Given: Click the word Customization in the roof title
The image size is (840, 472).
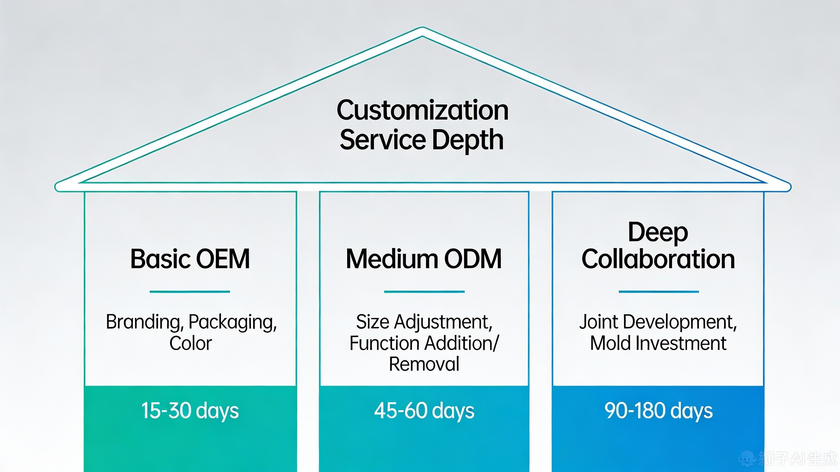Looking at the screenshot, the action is coord(423,110).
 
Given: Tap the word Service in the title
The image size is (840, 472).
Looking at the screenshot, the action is coord(383,139).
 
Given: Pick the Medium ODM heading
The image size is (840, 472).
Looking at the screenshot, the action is coord(424,259).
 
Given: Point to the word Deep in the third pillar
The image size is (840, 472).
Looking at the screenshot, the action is coord(658,233).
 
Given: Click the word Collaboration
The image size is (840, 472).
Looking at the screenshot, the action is coord(658,259).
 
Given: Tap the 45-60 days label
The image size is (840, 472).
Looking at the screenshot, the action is coord(424,411).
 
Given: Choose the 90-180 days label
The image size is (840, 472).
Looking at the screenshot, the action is coord(658,411).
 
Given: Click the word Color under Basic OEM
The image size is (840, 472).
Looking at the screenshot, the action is coord(191,343).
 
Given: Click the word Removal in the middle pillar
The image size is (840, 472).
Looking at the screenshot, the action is coord(424,364).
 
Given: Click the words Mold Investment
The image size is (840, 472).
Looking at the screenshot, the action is coord(658,343).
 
